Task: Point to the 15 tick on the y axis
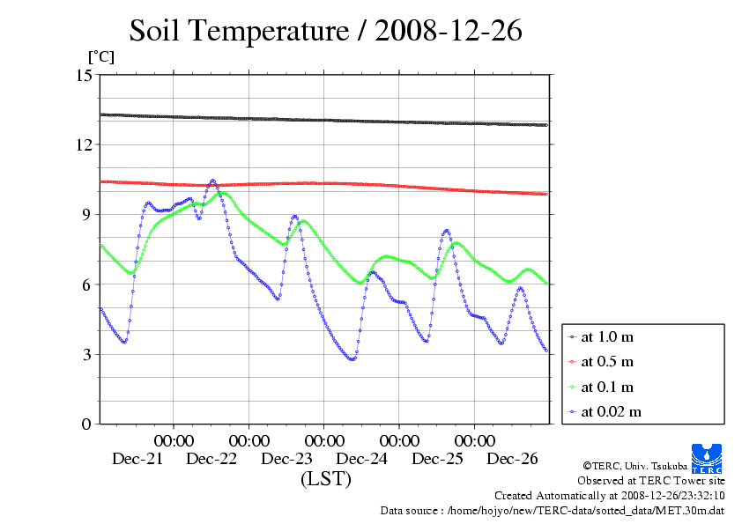coord(85,75)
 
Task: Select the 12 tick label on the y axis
coord(85,144)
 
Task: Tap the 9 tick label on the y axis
coord(87,214)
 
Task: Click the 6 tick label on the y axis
coord(87,284)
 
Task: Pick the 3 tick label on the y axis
coord(87,354)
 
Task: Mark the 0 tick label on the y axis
coord(87,424)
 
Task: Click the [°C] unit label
coord(100,56)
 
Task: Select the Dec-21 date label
coord(137,459)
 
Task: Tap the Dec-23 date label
coord(287,459)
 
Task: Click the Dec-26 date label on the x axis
coord(512,459)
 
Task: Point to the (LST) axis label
coord(325,480)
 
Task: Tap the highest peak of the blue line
coord(212,181)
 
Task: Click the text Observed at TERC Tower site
coord(651,481)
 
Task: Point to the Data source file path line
coord(552,510)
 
